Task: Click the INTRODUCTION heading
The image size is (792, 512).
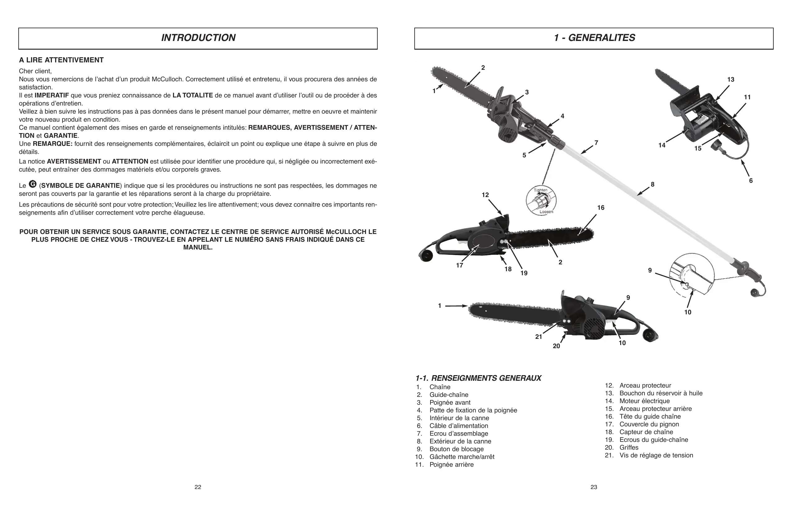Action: coord(198,38)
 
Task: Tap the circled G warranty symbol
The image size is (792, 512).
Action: coord(33,184)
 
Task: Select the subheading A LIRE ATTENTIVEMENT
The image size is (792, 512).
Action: coord(61,60)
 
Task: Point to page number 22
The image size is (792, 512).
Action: coord(198,487)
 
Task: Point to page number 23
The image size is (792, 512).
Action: coord(594,487)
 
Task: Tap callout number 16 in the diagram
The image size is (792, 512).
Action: coord(601,208)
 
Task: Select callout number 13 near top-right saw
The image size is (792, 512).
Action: coord(731,79)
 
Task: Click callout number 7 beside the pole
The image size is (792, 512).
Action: coord(596,143)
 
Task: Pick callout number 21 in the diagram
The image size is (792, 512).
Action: coord(539,337)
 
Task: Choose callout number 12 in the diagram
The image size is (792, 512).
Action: coord(485,195)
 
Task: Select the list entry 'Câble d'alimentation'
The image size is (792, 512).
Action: coord(458,426)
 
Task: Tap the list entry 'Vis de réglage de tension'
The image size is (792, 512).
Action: coord(656,455)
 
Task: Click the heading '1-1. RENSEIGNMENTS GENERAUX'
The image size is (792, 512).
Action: coord(478,378)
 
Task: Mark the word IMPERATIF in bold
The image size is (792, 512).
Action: coord(52,96)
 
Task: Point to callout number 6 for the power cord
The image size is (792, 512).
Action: coord(751,181)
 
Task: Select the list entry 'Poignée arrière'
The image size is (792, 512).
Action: coord(451,465)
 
